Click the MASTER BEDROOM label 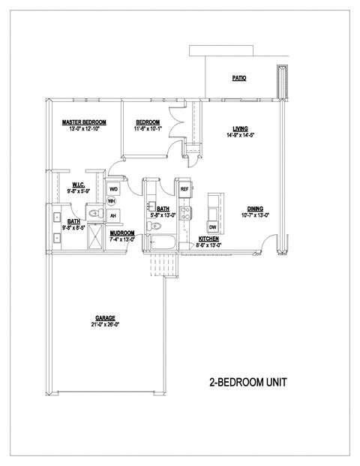point(84,122)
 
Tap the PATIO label point(239,78)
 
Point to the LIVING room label point(240,128)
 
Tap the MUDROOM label point(122,233)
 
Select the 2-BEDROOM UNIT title point(248,383)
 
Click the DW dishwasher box point(213,227)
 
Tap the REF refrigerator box point(184,189)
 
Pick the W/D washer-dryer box point(114,189)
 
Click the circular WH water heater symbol point(112,201)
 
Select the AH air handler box point(114,216)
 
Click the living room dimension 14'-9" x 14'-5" point(240,135)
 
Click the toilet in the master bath point(93,215)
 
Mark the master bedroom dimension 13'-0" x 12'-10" point(84,129)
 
